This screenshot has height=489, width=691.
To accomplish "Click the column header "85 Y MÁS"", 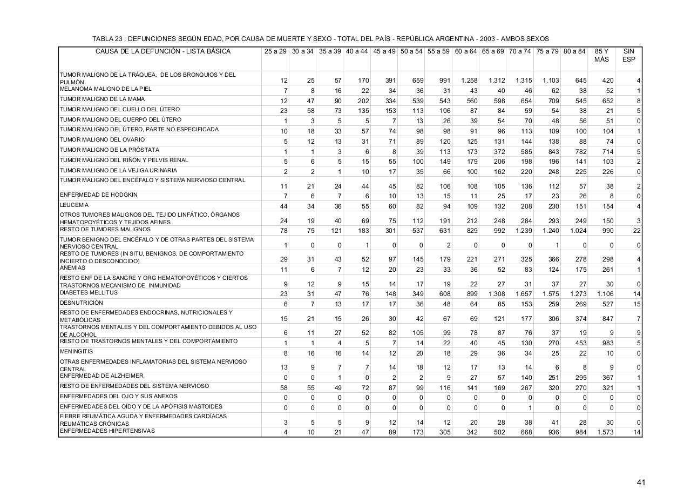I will [x=601, y=55].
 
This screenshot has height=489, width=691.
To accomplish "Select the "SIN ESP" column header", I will [x=628, y=55].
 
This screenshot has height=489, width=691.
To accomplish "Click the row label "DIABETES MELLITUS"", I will [x=89, y=293].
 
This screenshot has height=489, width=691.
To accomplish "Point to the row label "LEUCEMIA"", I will [x=74, y=205].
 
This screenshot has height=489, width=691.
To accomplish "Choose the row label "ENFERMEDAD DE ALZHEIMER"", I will [x=101, y=376].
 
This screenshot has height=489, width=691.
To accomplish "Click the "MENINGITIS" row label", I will [x=76, y=352].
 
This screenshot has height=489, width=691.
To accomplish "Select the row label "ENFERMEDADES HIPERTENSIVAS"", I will [x=107, y=431].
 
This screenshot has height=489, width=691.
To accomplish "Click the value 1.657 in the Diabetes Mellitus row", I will [x=524, y=294].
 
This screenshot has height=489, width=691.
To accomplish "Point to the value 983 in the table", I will [x=607, y=343].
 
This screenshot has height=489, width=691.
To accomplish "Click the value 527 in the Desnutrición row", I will [x=607, y=304].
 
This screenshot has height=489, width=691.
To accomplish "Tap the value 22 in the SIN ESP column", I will [x=636, y=231].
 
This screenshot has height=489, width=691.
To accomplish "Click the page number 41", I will [x=641, y=483].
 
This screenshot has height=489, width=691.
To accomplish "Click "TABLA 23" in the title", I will [x=107, y=39].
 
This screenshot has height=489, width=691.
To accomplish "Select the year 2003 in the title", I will [x=489, y=39].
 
